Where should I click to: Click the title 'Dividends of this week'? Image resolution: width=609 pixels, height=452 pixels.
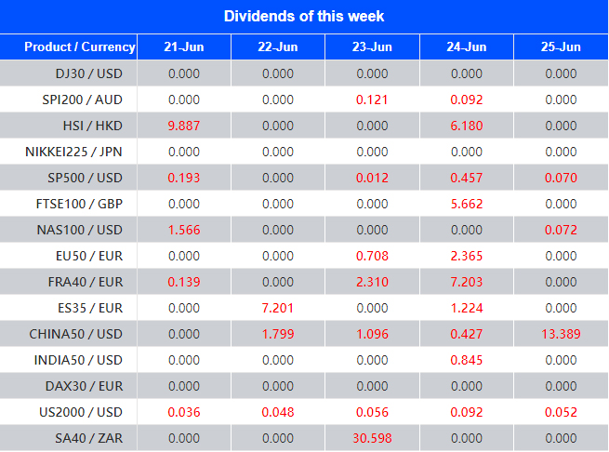tap(304, 17)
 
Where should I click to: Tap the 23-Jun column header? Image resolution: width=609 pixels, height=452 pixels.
tap(372, 47)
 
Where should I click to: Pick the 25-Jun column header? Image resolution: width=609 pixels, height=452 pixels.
tap(561, 47)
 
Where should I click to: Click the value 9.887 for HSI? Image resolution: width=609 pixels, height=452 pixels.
tap(183, 126)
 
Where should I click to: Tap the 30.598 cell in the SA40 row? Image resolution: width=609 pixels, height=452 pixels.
tap(372, 438)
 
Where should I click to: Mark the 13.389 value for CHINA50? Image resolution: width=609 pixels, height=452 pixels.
tap(561, 334)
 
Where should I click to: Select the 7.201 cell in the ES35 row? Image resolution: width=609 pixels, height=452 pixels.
tap(278, 308)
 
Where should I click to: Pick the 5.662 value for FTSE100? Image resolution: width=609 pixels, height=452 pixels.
tap(466, 204)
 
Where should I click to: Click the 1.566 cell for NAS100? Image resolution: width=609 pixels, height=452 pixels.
tap(183, 230)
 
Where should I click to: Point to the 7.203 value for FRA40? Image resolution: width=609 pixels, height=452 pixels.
tap(466, 282)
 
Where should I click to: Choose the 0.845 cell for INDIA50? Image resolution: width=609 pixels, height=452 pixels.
tap(466, 360)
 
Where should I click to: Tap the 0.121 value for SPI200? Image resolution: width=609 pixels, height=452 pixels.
tap(372, 100)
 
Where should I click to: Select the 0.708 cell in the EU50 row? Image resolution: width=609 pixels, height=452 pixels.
tap(372, 256)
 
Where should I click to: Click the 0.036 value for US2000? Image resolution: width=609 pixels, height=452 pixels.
tap(183, 412)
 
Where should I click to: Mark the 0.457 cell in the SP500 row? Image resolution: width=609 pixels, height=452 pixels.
tap(466, 178)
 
